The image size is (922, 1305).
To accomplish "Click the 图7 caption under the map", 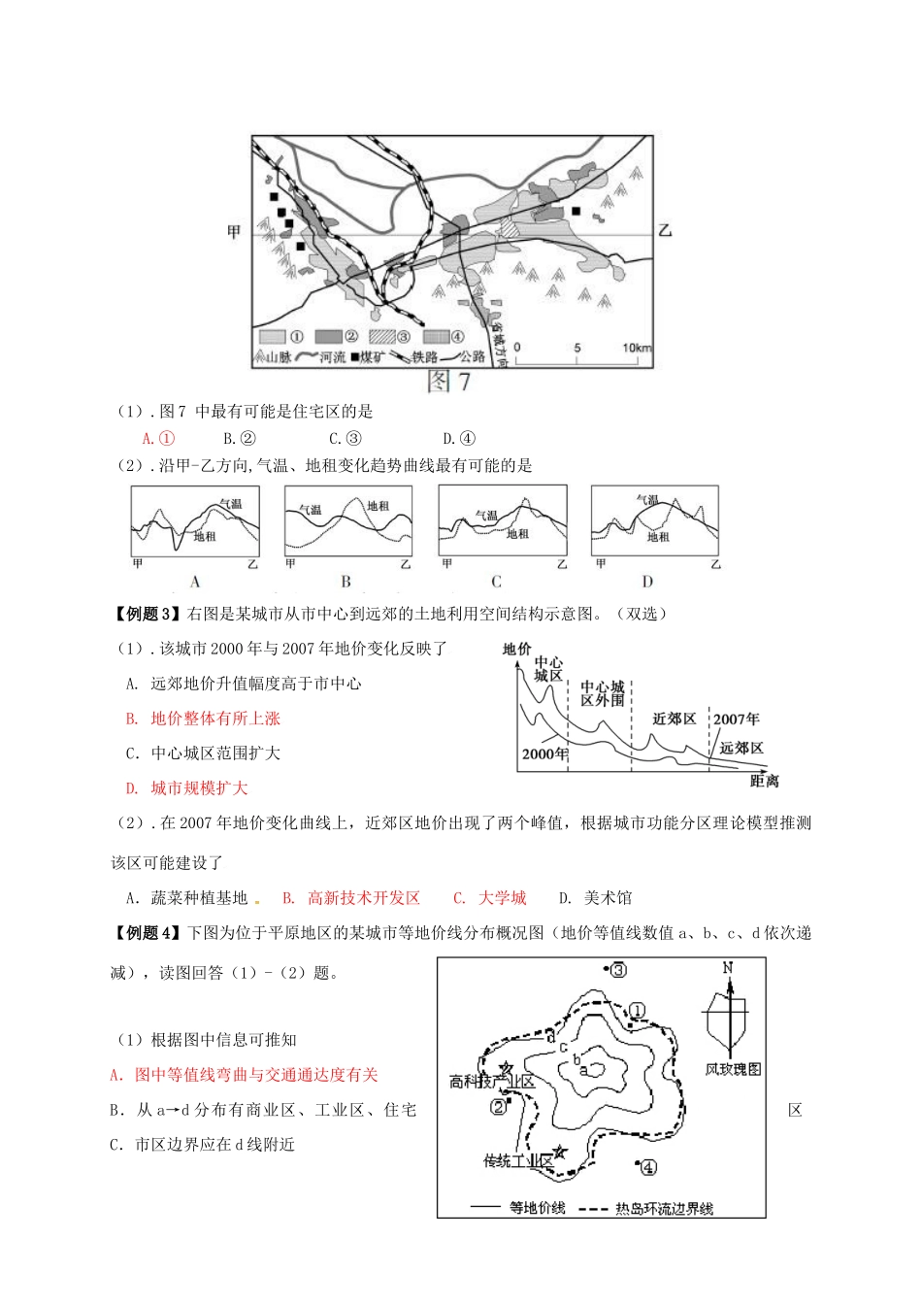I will (x=449, y=381).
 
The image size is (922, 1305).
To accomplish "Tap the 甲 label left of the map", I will (x=234, y=231).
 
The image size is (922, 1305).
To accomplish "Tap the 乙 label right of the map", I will (x=665, y=231).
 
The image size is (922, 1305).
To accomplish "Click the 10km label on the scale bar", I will (x=637, y=348).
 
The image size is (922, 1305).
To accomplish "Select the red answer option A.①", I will (x=158, y=438).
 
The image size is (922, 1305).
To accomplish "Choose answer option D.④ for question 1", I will (x=459, y=438).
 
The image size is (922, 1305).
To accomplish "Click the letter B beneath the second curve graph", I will (x=346, y=582).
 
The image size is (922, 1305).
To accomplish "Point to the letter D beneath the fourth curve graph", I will (x=647, y=582).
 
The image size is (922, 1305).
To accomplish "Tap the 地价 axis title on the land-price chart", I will (x=517, y=650).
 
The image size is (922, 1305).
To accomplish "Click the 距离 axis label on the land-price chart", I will (x=764, y=781).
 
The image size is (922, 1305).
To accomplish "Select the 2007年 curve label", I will (x=737, y=719).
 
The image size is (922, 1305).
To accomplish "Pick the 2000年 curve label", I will (x=544, y=753).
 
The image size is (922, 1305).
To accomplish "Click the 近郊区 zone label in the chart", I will (x=675, y=719).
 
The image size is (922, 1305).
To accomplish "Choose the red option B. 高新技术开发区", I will (x=351, y=898).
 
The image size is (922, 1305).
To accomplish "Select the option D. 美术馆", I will (x=595, y=898).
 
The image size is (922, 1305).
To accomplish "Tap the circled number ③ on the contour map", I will (x=618, y=969).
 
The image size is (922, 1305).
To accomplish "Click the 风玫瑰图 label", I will (x=733, y=1069).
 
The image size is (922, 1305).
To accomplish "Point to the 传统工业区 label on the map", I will (x=517, y=1160).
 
